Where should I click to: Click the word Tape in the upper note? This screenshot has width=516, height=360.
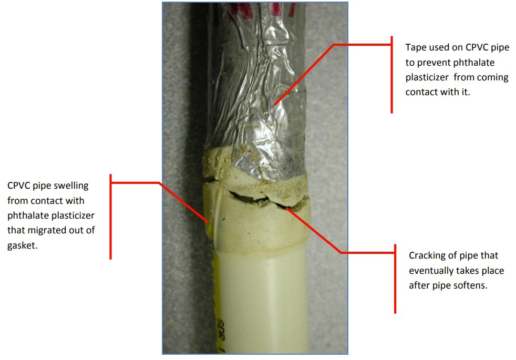(x=415, y=47)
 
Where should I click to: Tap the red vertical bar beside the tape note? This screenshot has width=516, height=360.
(x=392, y=75)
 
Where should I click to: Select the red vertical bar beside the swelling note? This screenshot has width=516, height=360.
(x=110, y=217)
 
